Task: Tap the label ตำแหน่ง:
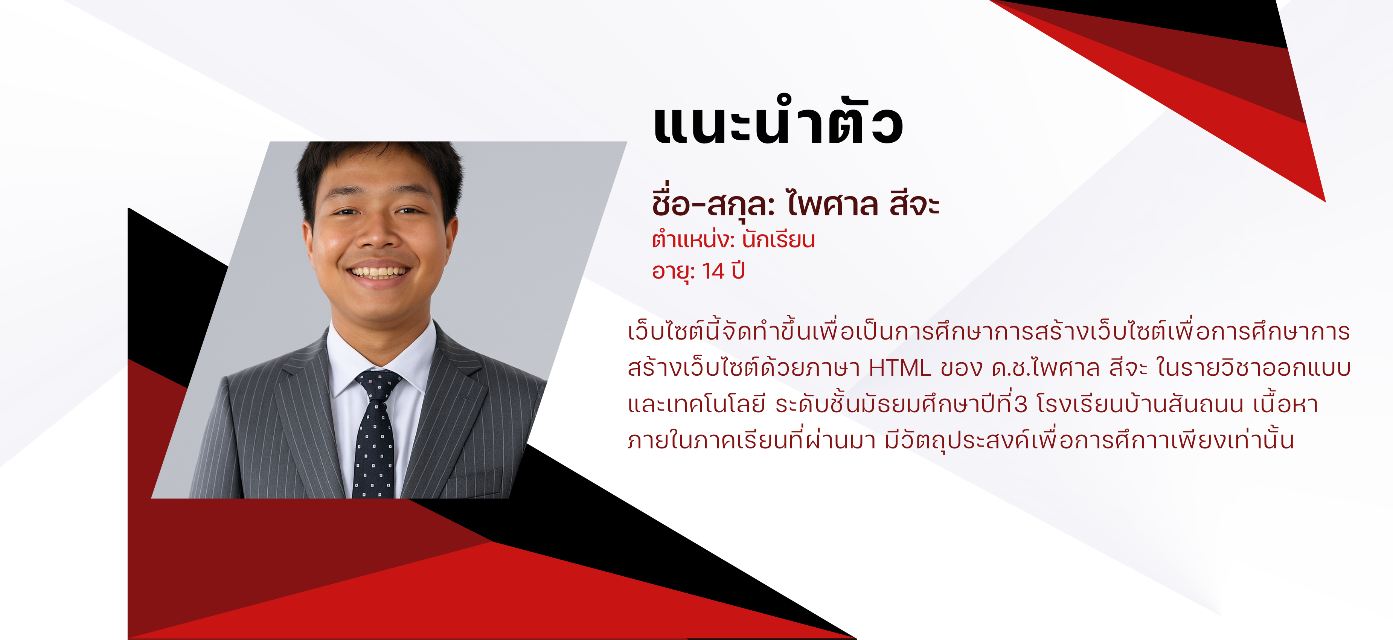coord(693,239)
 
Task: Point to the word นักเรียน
coord(778,239)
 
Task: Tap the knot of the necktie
coord(378,384)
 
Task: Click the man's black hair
coord(378,162)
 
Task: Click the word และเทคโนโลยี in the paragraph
coord(696,404)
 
